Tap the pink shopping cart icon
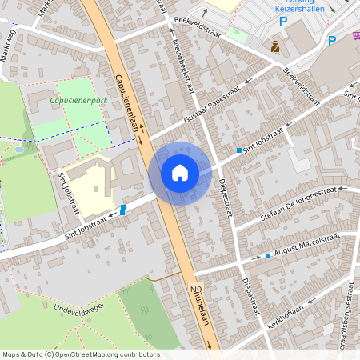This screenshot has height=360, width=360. pos(356,35)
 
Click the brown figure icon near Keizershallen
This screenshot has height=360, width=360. pos(275,46)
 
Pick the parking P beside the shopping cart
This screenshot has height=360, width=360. pos(332,41)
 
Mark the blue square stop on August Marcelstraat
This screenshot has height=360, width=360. pos(267,256)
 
